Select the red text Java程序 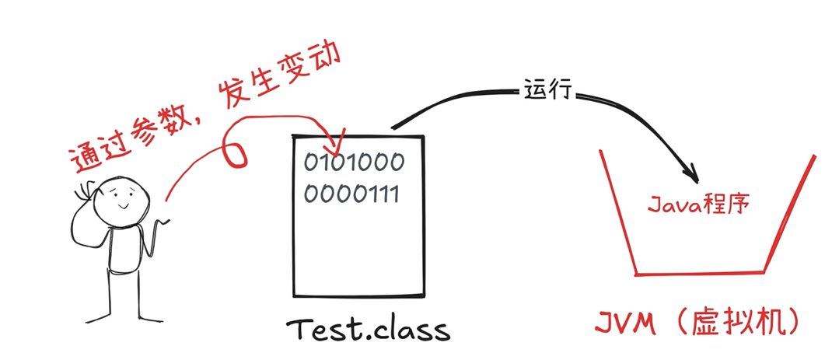click(698, 205)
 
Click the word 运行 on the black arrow click(548, 90)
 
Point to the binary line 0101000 click(354, 163)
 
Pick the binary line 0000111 click(351, 192)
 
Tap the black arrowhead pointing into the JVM click(690, 170)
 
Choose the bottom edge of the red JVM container click(699, 272)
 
